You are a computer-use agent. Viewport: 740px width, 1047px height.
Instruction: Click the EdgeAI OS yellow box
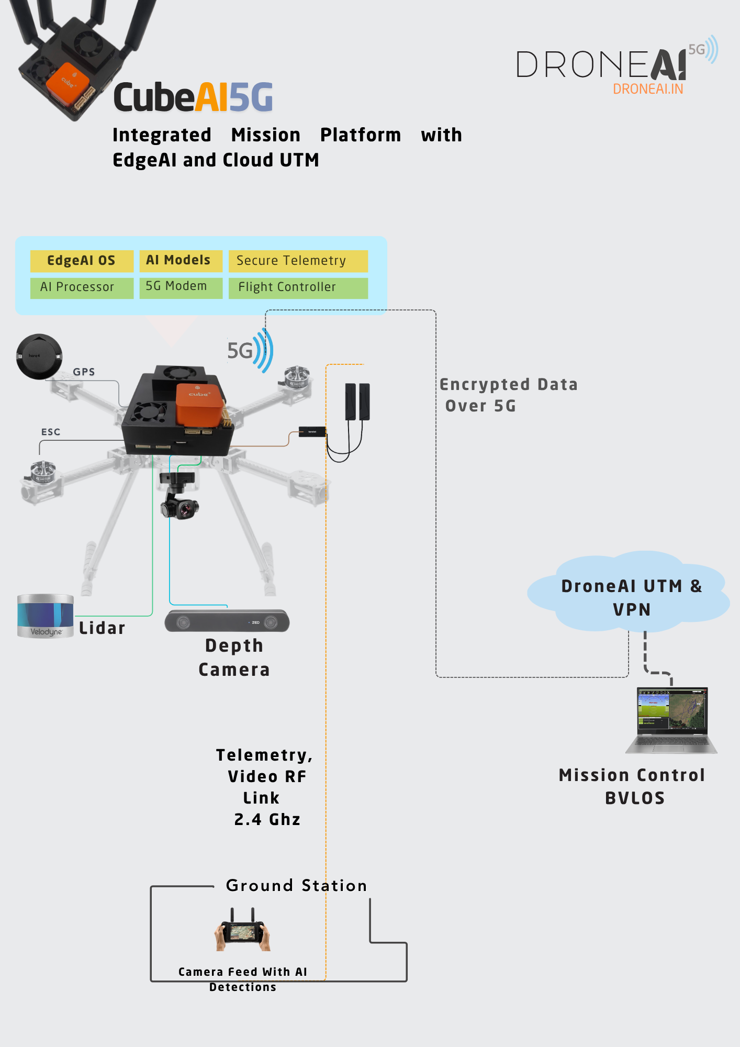pyautogui.click(x=82, y=261)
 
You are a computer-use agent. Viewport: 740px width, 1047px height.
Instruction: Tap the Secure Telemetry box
pyautogui.click(x=298, y=261)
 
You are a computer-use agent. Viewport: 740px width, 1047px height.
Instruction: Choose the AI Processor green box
pyautogui.click(x=82, y=287)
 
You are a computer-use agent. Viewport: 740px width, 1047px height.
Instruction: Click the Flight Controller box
pyautogui.click(x=298, y=287)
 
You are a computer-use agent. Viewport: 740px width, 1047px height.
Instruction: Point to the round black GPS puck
pyautogui.click(x=39, y=357)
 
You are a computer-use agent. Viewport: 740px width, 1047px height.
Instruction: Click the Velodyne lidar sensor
pyautogui.click(x=46, y=616)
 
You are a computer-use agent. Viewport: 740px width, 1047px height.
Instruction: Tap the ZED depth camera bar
pyautogui.click(x=227, y=621)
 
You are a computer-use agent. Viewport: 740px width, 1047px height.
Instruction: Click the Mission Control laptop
pyautogui.click(x=672, y=720)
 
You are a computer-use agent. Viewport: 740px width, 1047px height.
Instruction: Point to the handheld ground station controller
pyautogui.click(x=242, y=932)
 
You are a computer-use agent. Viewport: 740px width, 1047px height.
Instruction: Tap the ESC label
pyautogui.click(x=51, y=432)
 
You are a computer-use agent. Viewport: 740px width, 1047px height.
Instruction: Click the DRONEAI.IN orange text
pyautogui.click(x=648, y=90)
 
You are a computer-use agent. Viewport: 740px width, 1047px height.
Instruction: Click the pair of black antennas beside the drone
pyautogui.click(x=357, y=402)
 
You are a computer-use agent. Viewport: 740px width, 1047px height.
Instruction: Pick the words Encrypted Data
pyautogui.click(x=508, y=385)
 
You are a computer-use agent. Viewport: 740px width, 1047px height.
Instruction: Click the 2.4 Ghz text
pyautogui.click(x=267, y=819)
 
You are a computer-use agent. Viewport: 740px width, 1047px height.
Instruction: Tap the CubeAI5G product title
pyautogui.click(x=193, y=97)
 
